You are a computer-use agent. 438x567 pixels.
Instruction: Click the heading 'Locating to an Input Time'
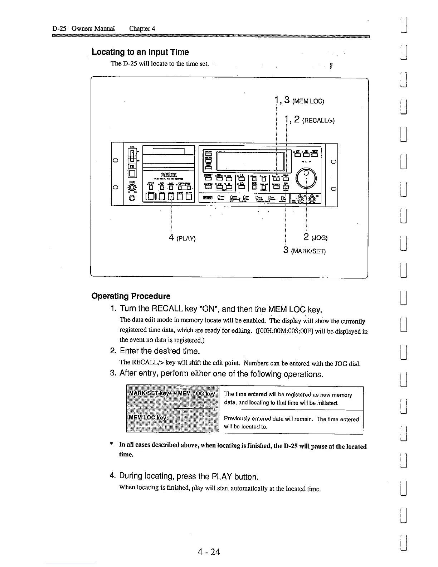140,52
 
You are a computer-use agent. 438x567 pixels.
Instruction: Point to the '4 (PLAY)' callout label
182,238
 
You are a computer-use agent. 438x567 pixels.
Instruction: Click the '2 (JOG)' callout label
315,237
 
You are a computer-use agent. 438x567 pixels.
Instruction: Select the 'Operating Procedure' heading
131,296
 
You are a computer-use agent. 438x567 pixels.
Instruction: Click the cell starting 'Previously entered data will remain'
291,422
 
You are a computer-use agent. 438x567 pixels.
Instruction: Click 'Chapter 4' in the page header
142,29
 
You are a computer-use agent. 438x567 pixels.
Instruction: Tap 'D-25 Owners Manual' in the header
83,29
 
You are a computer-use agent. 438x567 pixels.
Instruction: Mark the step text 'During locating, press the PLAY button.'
189,476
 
